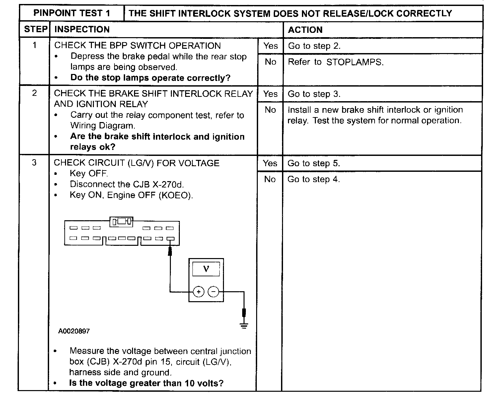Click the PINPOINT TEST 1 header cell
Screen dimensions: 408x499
[72, 13]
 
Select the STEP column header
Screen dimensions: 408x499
[36, 30]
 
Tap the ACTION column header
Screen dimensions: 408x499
[305, 30]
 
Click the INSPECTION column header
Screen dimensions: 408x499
[82, 30]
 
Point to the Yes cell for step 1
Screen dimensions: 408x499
[270, 46]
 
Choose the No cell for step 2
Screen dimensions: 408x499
[270, 110]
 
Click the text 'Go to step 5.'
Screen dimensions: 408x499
[314, 163]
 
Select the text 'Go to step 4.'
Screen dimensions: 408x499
[314, 179]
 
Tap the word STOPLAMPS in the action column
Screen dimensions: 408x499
[354, 62]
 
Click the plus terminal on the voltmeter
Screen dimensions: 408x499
[198, 292]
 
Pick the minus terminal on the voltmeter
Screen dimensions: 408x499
[213, 292]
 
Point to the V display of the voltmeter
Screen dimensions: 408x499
[206, 269]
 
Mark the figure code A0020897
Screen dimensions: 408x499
[74, 331]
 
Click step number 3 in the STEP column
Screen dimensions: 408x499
[34, 163]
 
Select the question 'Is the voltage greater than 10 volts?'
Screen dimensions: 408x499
[146, 383]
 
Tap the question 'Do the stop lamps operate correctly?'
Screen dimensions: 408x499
[150, 78]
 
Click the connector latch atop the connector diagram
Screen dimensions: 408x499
[121, 221]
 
